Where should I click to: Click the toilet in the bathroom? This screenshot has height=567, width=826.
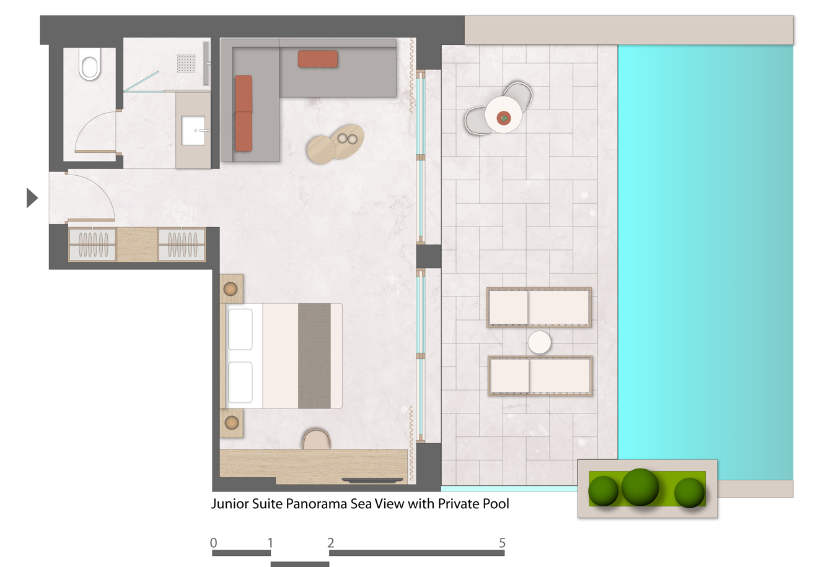pyautogui.click(x=90, y=64)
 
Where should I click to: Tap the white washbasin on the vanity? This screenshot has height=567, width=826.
pyautogui.click(x=193, y=131)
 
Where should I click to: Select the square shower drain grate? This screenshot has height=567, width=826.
pyautogui.click(x=187, y=63)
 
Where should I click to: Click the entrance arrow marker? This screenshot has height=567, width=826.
pyautogui.click(x=32, y=198)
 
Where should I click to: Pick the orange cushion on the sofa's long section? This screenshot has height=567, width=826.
pyautogui.click(x=317, y=59)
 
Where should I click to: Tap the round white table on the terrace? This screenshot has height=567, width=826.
pyautogui.click(x=503, y=115)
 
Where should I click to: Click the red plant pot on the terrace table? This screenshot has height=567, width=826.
pyautogui.click(x=503, y=118)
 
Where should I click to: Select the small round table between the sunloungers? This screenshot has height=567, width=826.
pyautogui.click(x=539, y=342)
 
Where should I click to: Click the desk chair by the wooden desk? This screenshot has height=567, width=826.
pyautogui.click(x=317, y=439)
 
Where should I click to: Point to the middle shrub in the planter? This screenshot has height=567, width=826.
pyautogui.click(x=640, y=487)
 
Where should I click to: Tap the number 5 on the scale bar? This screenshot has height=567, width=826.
pyautogui.click(x=502, y=543)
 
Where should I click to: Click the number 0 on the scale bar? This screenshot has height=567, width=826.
pyautogui.click(x=214, y=543)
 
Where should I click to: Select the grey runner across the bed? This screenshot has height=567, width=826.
pyautogui.click(x=314, y=356)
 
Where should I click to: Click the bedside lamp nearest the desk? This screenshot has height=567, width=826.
pyautogui.click(x=232, y=423)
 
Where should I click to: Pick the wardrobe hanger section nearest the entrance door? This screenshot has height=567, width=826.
pyautogui.click(x=93, y=245)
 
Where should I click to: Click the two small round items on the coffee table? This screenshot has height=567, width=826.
pyautogui.click(x=348, y=139)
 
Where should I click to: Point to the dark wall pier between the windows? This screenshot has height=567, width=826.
pyautogui.click(x=429, y=256)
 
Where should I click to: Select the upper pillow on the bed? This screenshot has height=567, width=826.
pyautogui.click(x=240, y=329)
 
